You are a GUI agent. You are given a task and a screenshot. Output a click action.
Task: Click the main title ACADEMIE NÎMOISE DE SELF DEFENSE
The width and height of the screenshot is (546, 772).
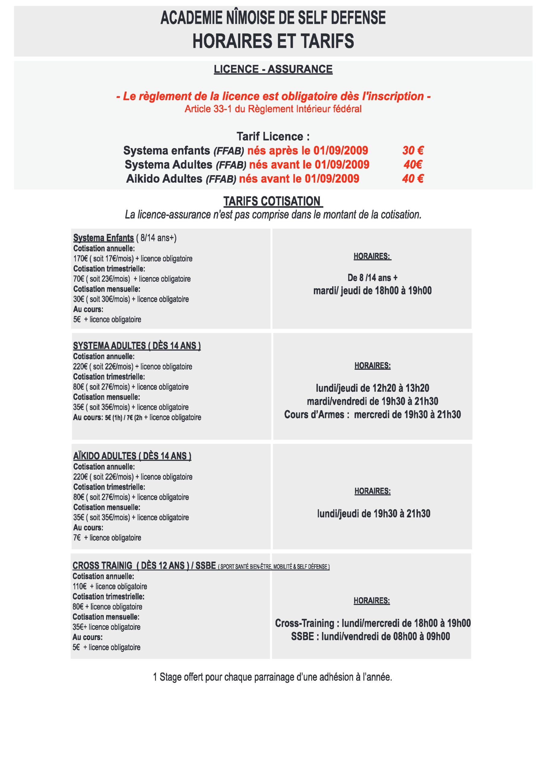coord(273,18)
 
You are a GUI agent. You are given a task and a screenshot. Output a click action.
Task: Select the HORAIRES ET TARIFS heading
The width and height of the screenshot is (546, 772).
coord(273,41)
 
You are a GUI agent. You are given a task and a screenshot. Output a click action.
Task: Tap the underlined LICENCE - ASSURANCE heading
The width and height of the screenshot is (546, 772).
coord(273,69)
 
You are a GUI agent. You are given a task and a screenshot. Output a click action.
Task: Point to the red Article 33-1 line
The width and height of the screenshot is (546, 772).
coord(273,109)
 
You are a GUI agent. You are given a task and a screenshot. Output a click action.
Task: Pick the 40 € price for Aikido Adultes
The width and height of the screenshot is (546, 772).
coord(413,179)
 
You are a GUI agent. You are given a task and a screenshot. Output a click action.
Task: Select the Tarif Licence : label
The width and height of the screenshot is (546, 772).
coord(273,137)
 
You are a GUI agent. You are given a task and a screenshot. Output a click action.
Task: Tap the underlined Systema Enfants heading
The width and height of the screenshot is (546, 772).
coord(103,238)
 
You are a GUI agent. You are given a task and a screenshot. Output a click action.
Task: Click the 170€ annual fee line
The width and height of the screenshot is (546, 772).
coord(133,258)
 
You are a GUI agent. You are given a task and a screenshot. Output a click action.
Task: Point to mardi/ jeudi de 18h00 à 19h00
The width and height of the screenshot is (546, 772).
coord(372,290)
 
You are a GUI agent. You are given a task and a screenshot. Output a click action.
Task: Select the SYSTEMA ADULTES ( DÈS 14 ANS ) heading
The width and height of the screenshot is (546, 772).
coord(137,346)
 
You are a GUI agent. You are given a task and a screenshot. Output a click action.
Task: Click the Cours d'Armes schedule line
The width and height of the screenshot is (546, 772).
coord(372,414)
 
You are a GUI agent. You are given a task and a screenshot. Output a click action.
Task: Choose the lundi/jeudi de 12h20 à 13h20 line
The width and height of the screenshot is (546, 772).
coord(372,388)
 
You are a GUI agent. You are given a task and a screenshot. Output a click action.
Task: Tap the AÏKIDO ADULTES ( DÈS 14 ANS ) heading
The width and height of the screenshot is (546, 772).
coord(132,456)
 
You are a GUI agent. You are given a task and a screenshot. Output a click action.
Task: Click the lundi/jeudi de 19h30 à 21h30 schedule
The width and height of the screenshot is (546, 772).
coord(373,514)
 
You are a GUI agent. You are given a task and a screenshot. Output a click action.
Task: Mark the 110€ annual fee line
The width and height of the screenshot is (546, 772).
coord(110,587)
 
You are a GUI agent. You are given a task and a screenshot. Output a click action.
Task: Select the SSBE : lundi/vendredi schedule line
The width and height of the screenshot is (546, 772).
coord(370,636)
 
